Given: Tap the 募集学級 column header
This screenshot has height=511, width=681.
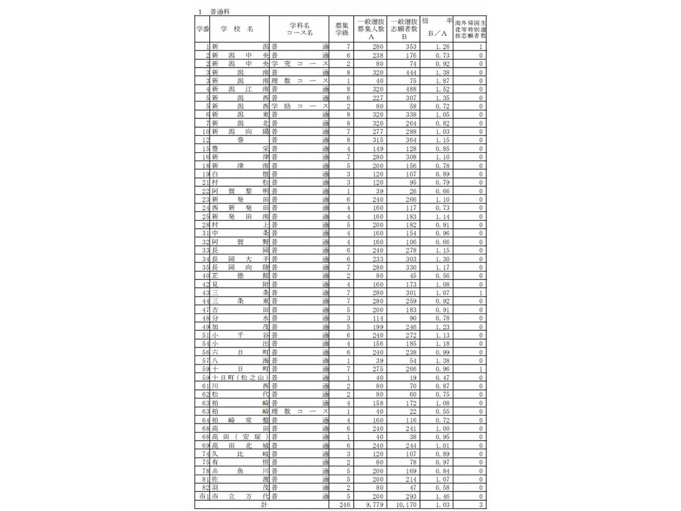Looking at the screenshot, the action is coord(341,29).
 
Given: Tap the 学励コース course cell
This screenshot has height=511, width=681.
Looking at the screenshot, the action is coord(300,106).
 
